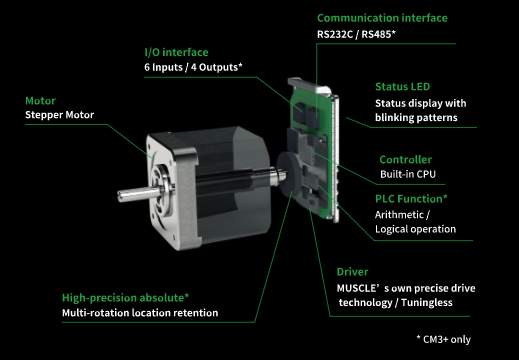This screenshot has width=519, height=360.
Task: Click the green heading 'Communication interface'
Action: pos(382,18)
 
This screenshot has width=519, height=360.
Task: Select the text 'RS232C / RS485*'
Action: pos(356,34)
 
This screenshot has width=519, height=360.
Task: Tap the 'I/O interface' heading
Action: pos(176,52)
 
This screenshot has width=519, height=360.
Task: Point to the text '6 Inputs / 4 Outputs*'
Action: pos(193,67)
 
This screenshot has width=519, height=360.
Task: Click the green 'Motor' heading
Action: pos(40,101)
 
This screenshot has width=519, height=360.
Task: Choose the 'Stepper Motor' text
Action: pos(60,115)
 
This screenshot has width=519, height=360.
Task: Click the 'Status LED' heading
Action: pos(403,87)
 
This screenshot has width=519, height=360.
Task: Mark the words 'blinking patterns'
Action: pos(416,118)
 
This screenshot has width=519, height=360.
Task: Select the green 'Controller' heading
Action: pos(406,160)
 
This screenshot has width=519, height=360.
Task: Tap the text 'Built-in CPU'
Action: pos(408,174)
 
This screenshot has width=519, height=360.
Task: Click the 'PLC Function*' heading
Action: pos(411,199)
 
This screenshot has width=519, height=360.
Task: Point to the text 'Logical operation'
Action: pos(415,229)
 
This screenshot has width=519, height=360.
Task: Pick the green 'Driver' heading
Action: pos(352,272)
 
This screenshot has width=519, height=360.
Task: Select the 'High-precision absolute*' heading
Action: pos(126,298)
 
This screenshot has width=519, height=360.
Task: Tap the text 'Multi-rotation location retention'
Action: pos(140,313)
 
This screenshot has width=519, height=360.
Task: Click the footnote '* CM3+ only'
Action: pos(444,339)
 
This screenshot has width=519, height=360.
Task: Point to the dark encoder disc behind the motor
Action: pos(285,177)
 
